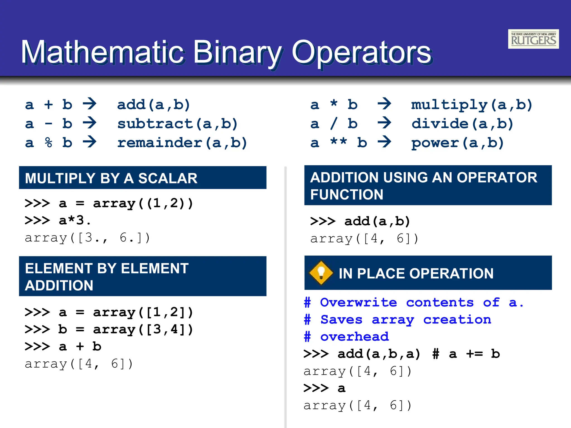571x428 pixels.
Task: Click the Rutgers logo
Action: tap(533, 39)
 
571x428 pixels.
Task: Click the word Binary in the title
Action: tap(237, 52)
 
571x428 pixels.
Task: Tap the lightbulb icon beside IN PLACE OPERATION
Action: tap(321, 273)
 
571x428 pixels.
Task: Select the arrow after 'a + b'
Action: tap(90, 104)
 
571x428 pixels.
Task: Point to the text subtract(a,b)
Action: tap(177, 124)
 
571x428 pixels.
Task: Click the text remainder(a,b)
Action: tap(182, 143)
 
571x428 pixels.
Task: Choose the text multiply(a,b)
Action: tap(472, 105)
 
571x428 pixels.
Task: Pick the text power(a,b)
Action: tap(458, 143)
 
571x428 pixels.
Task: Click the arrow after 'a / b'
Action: tap(384, 123)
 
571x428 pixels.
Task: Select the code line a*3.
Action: tap(75, 220)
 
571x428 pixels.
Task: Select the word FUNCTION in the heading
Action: tap(347, 194)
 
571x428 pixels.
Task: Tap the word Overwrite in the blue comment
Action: tap(359, 302)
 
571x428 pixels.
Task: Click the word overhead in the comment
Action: tap(354, 337)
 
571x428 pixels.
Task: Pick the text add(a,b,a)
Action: tap(379, 354)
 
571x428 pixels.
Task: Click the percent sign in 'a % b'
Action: tap(49, 143)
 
